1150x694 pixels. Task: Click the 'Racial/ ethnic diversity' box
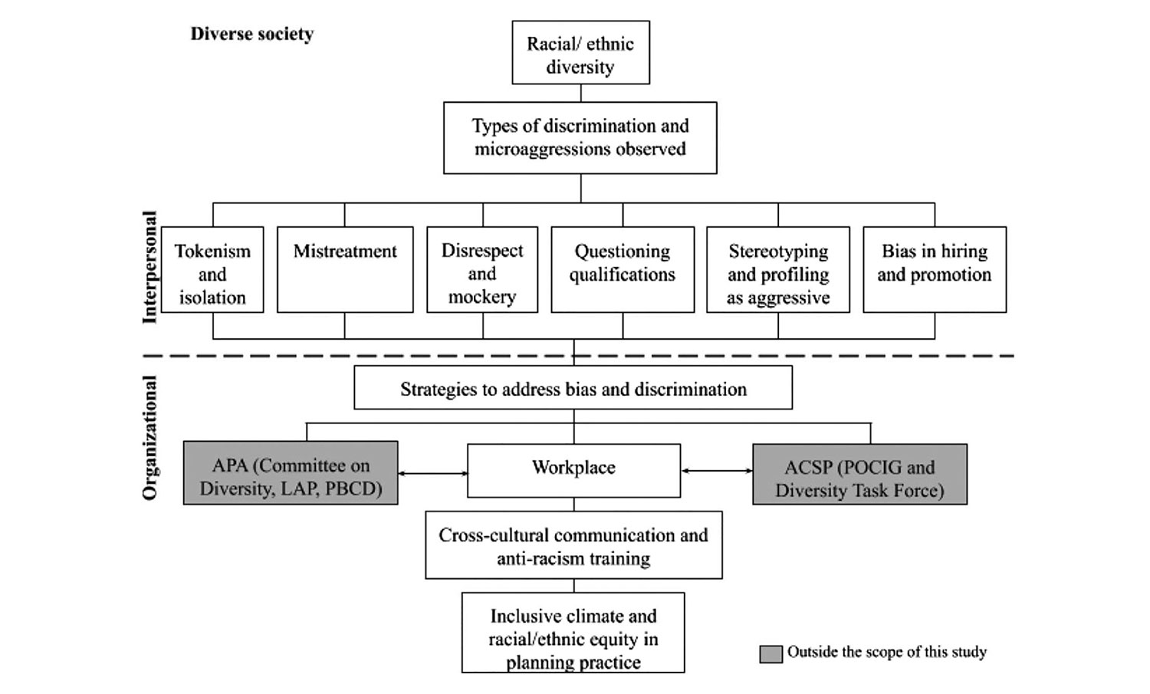point(580,53)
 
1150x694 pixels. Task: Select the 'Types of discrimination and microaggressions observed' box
point(580,138)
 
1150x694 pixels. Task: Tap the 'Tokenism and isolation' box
point(212,270)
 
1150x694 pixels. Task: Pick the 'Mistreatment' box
point(345,270)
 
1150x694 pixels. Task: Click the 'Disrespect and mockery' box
point(482,270)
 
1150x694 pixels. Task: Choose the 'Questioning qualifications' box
point(623,270)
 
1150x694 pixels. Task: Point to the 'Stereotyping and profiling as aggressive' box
point(778,270)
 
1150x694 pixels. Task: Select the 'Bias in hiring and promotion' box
point(935,270)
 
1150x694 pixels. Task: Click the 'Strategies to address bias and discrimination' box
point(573,388)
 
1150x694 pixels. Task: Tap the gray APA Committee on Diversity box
point(291,473)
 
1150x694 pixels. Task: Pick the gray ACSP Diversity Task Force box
point(859,475)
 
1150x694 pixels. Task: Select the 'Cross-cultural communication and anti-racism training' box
point(573,545)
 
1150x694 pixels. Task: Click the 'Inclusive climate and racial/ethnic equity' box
point(573,633)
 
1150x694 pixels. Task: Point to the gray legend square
point(770,653)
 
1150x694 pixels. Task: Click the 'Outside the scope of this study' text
point(887,653)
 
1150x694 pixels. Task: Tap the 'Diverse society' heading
point(252,34)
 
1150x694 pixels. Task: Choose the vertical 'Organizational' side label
point(149,437)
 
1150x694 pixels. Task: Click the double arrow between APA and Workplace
point(432,474)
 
